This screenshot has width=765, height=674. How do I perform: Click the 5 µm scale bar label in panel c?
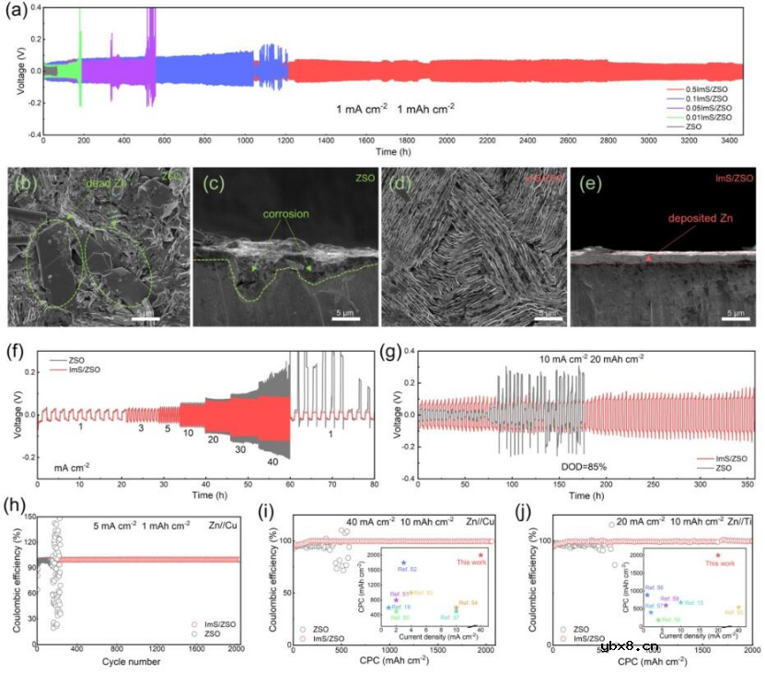[344, 312]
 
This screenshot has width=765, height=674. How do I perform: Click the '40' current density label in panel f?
[272, 461]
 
